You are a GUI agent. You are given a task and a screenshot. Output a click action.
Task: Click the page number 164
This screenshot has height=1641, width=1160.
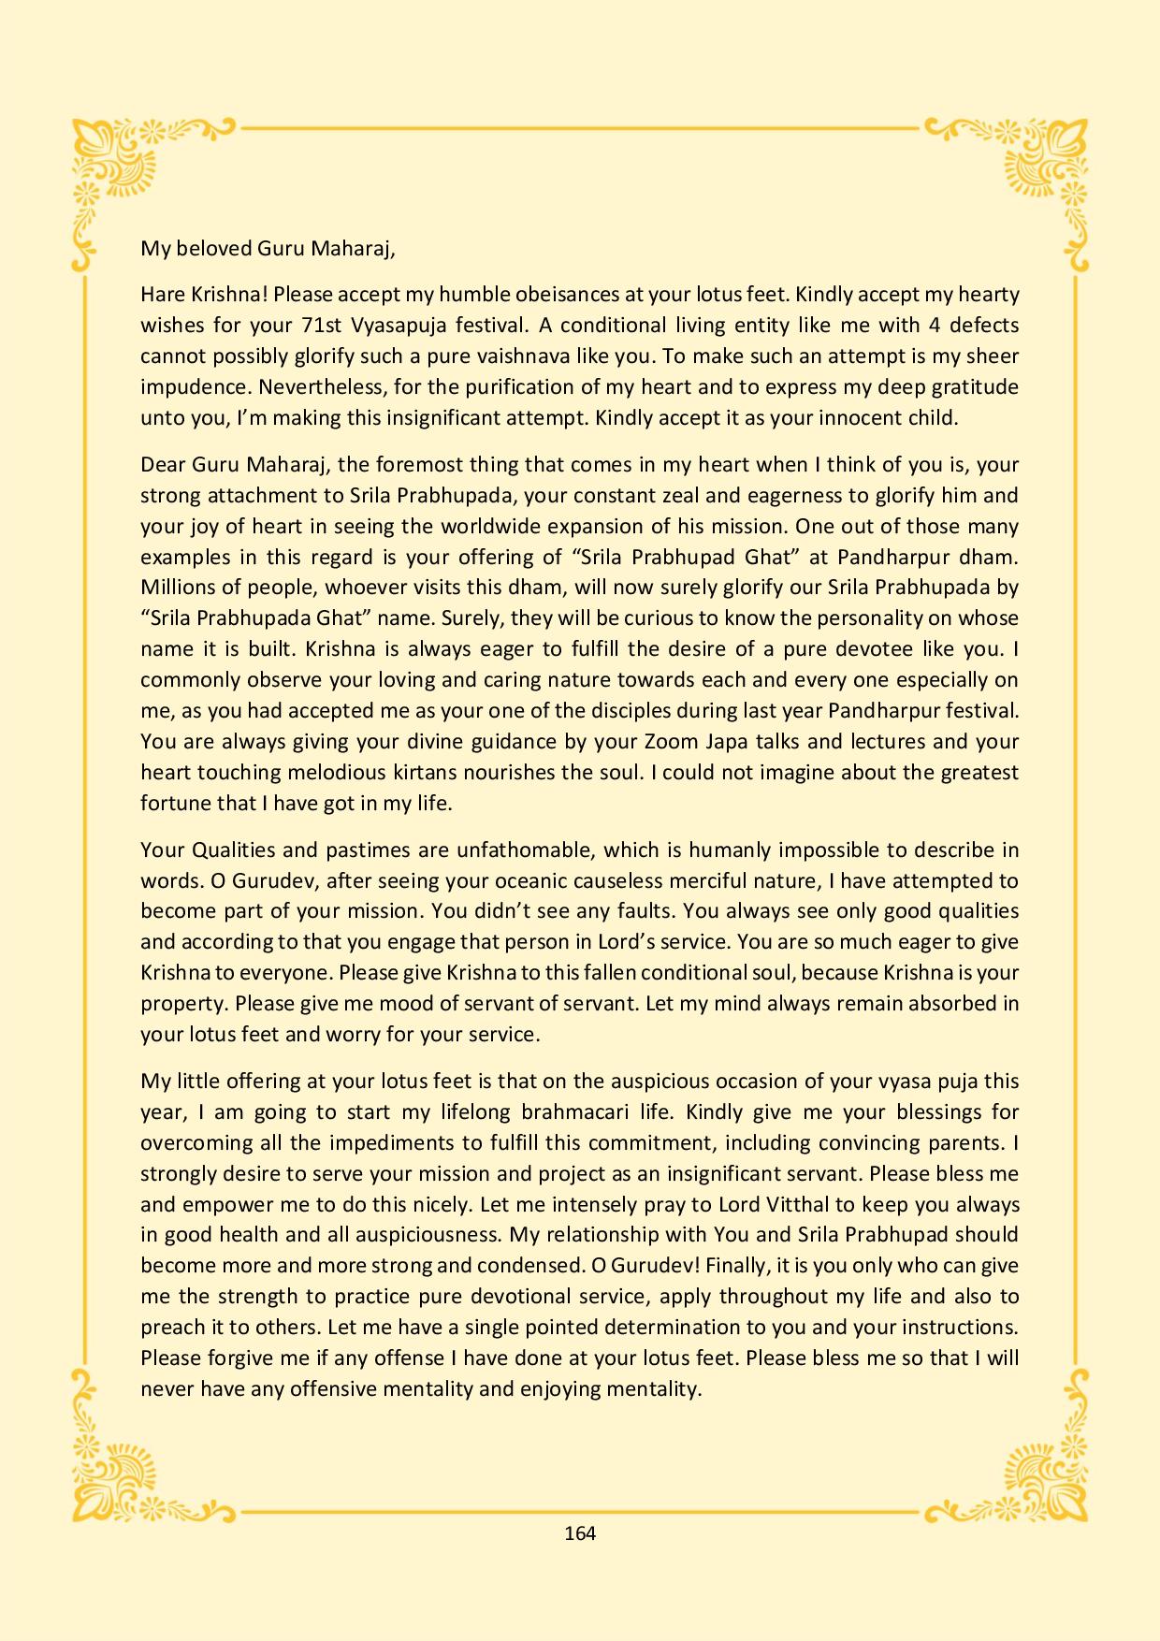point(580,1532)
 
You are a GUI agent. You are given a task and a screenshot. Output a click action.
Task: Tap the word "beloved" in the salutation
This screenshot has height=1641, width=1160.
point(208,248)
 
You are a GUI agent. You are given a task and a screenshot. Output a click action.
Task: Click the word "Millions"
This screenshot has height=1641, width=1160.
point(178,588)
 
